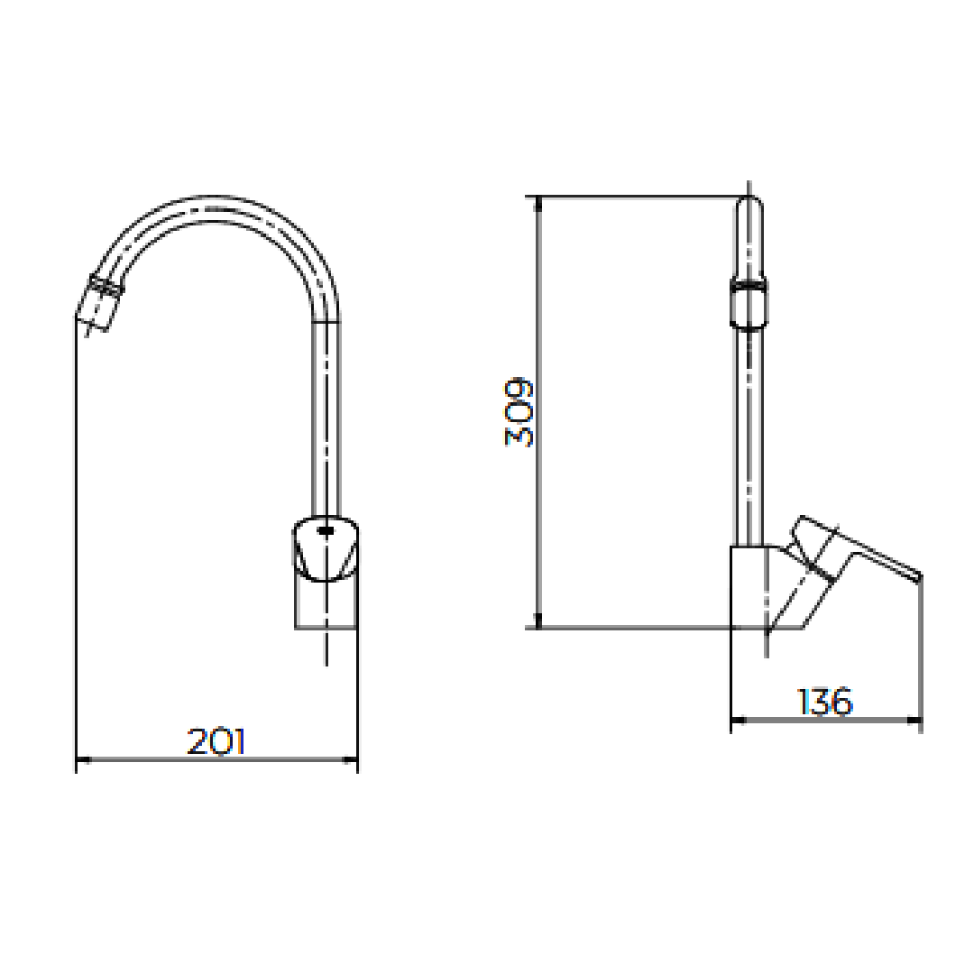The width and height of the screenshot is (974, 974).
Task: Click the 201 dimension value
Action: tap(216, 741)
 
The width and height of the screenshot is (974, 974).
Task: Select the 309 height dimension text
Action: tap(519, 412)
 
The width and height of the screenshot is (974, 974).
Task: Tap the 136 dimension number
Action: tap(825, 702)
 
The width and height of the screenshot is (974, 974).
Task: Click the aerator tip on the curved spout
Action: tap(100, 301)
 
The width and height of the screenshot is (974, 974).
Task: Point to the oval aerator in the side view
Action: tap(749, 303)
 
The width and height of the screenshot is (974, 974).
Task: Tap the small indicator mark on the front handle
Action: tap(326, 532)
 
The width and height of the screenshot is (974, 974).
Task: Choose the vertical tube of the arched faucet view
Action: tap(326, 424)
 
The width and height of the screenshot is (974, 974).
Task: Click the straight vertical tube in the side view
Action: tap(749, 433)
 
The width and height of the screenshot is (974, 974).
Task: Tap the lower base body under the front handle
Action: tap(326, 606)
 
